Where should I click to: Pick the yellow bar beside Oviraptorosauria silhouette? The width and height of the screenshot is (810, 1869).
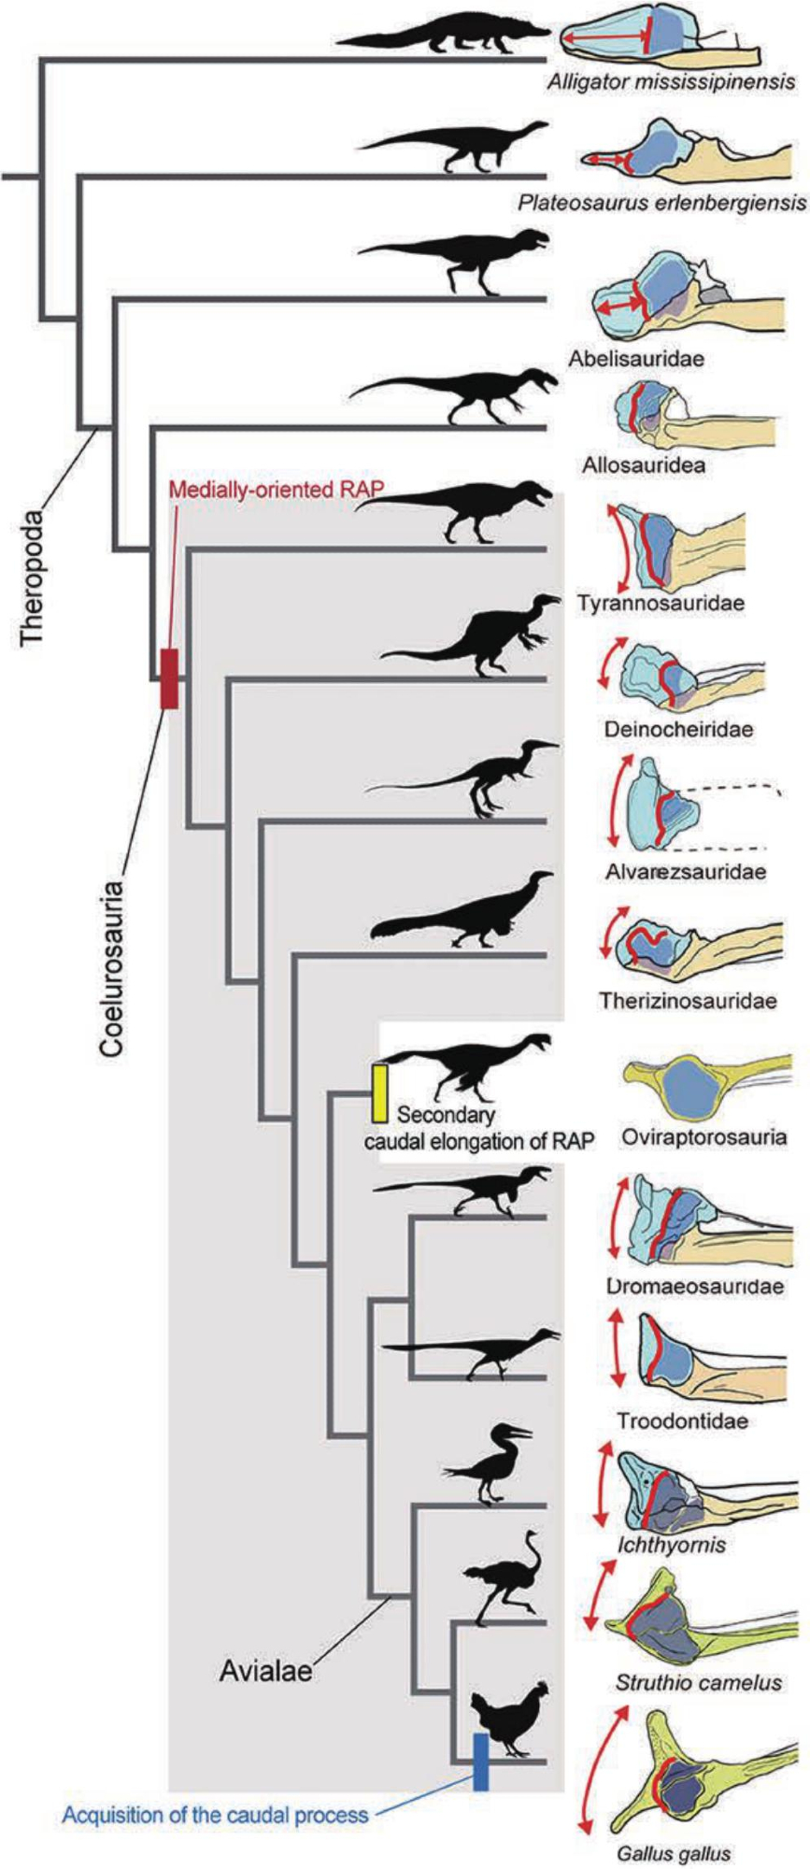pos(379,1092)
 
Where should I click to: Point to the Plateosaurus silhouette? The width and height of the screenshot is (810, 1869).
pos(458,148)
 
